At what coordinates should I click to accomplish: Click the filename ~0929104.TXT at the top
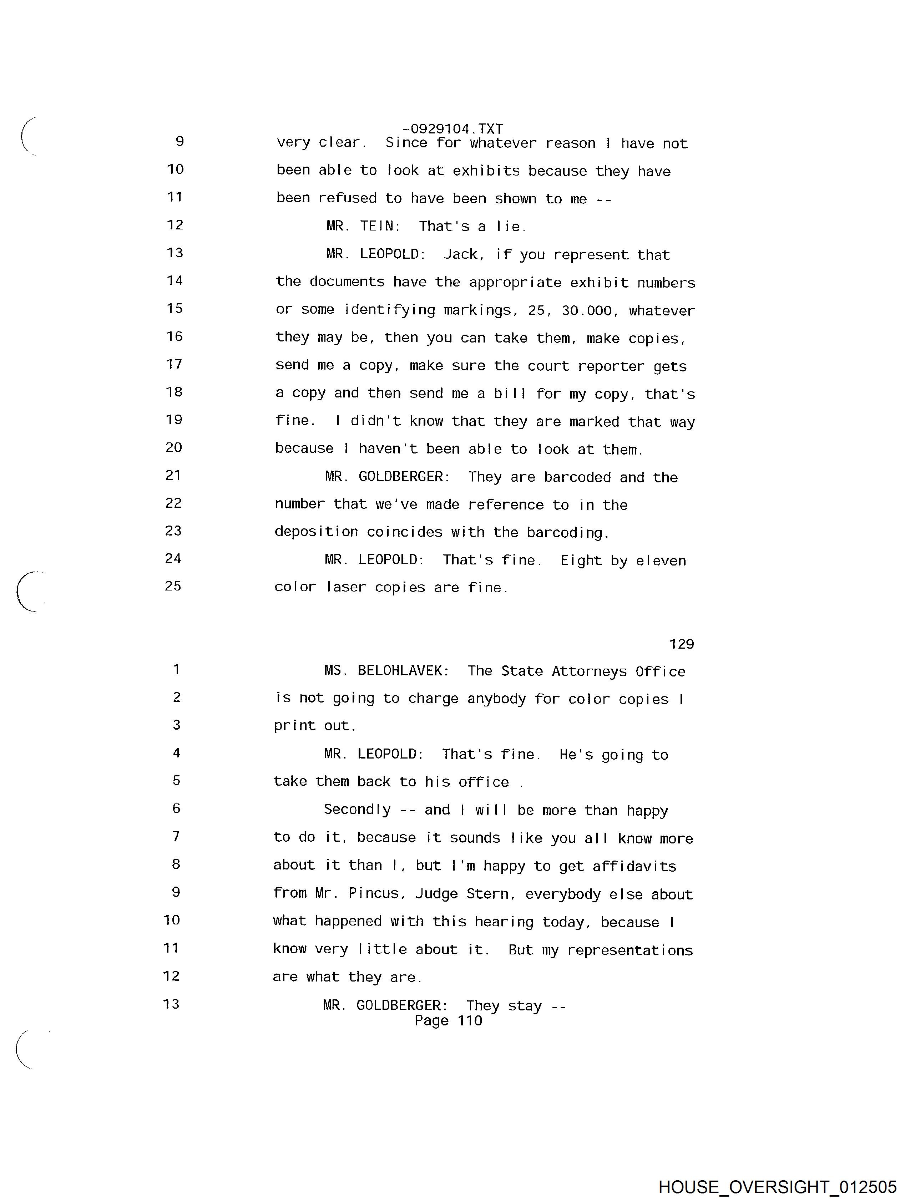tap(452, 129)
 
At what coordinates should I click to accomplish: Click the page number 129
tap(681, 644)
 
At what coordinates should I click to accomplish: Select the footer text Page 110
tap(448, 1020)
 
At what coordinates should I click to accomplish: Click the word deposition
tap(316, 532)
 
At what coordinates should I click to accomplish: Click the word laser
tap(346, 587)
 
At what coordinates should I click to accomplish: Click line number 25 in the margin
tap(173, 586)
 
